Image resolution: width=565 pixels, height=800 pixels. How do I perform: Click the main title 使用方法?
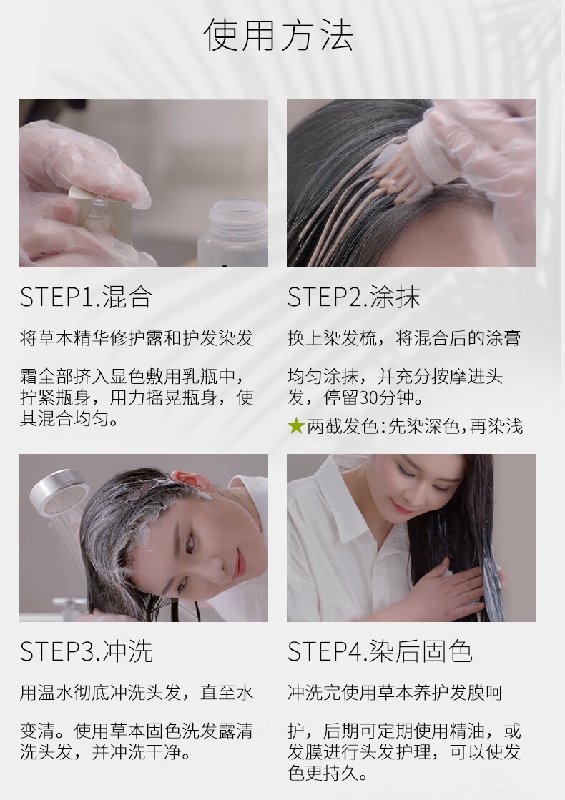click(x=278, y=35)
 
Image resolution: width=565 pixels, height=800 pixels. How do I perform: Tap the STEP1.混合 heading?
click(x=87, y=297)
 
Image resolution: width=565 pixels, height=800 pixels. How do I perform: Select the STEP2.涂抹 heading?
click(x=354, y=297)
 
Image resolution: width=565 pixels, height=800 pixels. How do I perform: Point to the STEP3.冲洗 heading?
click(x=87, y=651)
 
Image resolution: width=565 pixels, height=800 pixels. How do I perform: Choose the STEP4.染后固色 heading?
click(x=380, y=651)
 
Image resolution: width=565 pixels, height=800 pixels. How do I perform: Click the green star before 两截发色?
click(x=296, y=425)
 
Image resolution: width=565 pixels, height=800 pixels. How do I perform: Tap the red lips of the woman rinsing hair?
click(x=240, y=562)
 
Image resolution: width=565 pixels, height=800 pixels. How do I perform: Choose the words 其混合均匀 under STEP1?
click(x=64, y=419)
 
